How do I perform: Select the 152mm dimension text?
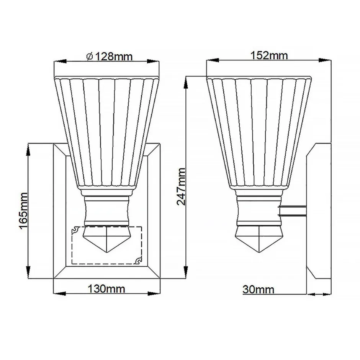point(269,55)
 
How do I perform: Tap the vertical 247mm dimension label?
point(181,186)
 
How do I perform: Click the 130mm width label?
point(106,288)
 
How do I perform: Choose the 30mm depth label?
point(259,289)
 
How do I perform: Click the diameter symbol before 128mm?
point(89,57)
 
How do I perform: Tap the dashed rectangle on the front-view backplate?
point(106,245)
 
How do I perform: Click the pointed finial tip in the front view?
point(107,252)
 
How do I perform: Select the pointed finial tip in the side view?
point(260,252)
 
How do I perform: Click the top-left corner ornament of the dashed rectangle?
point(75,230)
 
